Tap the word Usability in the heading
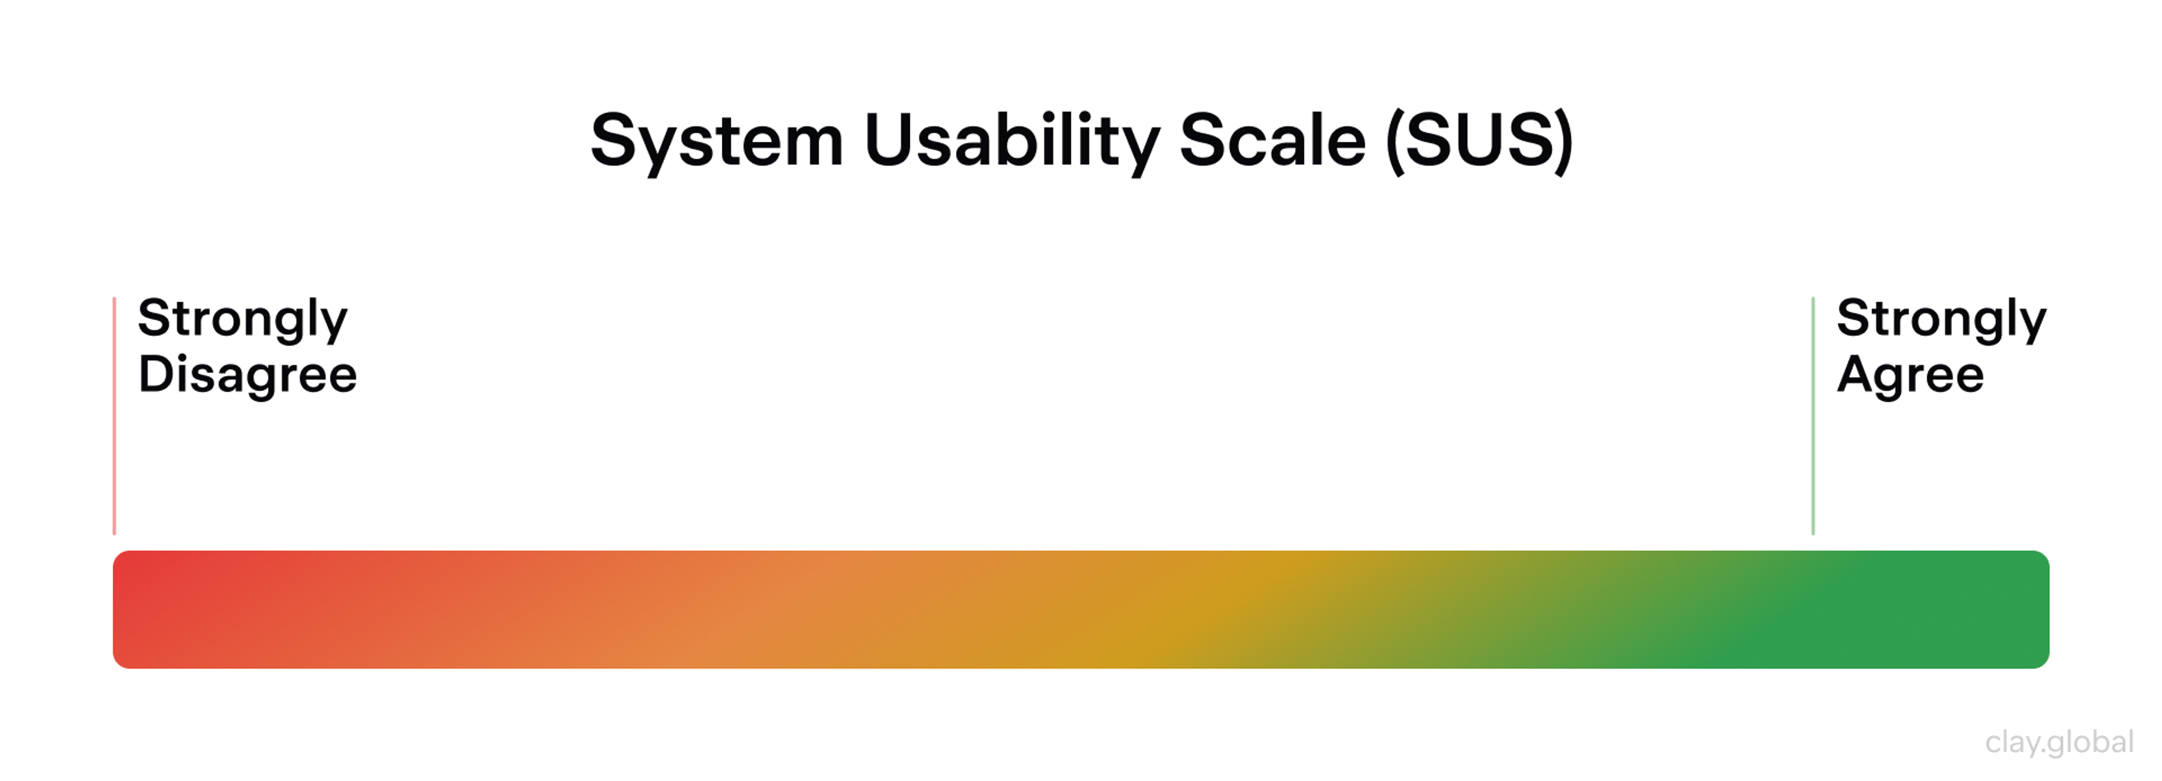point(1011,141)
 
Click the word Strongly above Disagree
point(243,320)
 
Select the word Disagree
point(248,374)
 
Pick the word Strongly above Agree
point(1941,320)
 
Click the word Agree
point(1910,374)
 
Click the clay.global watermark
point(2059,742)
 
